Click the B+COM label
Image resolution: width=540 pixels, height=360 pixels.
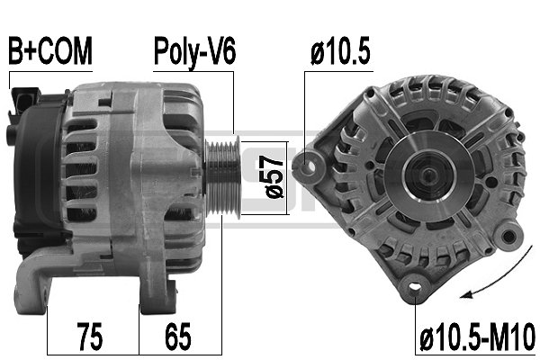(49, 51)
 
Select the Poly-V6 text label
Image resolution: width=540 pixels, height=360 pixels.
(194, 51)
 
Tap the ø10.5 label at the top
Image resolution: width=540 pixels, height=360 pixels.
(341, 51)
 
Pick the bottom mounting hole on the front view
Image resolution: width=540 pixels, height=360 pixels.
(415, 288)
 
